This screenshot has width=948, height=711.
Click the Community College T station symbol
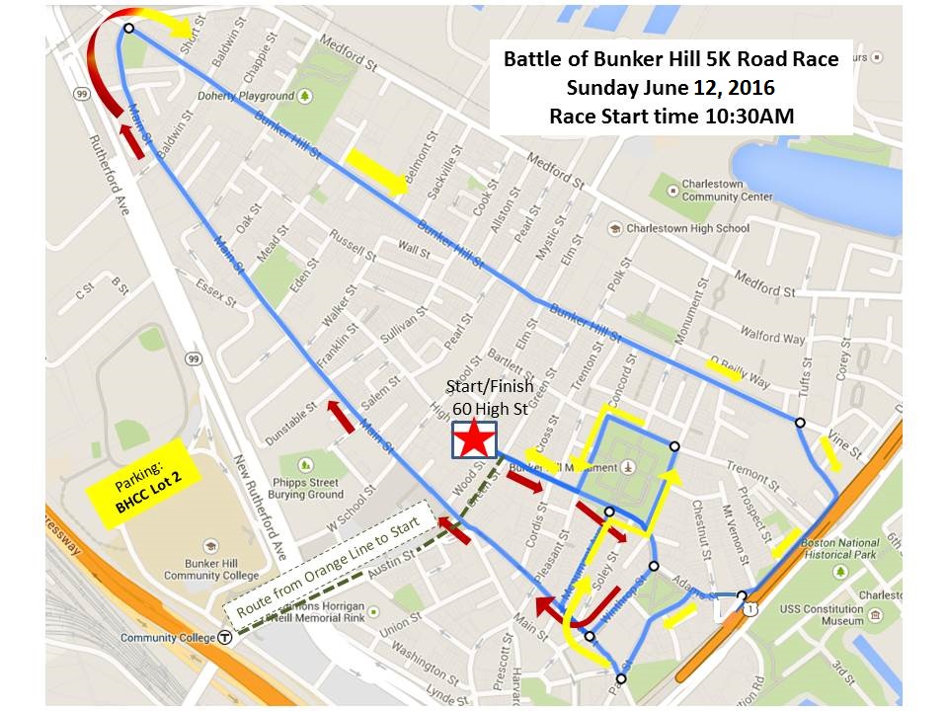point(226,638)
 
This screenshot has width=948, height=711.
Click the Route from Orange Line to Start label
point(326,569)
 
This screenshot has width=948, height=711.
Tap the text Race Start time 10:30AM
point(671,115)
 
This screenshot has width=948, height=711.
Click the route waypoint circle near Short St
point(128,29)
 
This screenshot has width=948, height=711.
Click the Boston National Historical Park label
point(838,549)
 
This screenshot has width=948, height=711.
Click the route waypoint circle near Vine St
point(799,423)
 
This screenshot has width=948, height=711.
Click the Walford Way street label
point(773,336)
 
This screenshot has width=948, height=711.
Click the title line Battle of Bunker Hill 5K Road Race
point(671,59)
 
